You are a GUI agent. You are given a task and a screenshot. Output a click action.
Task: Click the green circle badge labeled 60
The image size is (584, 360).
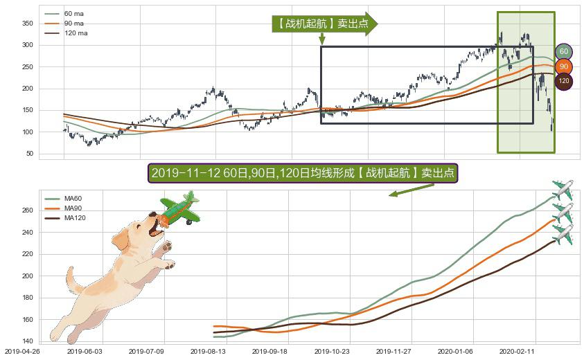[x=564, y=51]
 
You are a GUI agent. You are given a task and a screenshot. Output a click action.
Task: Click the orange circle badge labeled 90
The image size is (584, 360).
[x=564, y=66]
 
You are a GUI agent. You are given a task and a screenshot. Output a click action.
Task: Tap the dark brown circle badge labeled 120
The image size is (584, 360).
[x=564, y=81]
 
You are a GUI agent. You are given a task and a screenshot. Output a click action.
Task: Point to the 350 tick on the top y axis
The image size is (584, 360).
[x=28, y=24]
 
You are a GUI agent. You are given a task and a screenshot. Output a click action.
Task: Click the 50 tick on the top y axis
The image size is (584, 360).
[x=30, y=154]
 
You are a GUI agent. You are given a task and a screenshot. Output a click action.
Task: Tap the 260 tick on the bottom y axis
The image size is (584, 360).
[x=28, y=210]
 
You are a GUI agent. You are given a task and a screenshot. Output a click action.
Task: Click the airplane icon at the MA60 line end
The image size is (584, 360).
[x=563, y=189]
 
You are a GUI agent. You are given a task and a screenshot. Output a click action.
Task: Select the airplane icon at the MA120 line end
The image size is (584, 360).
[x=563, y=234]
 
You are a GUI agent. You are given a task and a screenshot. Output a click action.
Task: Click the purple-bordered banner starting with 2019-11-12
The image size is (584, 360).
[x=303, y=173]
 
